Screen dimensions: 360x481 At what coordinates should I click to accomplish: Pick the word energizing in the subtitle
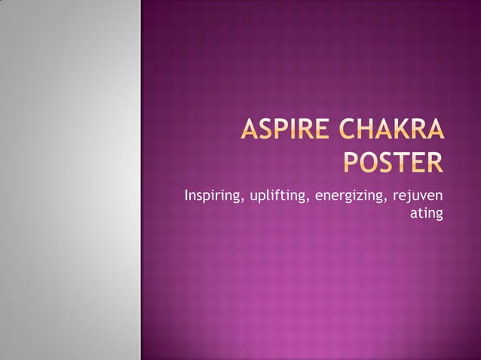(349, 198)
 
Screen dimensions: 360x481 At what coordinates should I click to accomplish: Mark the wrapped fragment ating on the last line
(426, 215)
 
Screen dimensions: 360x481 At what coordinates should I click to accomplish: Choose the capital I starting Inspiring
(186, 197)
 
